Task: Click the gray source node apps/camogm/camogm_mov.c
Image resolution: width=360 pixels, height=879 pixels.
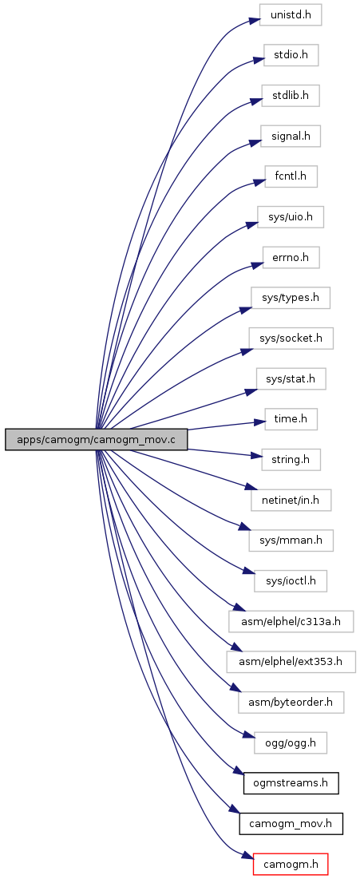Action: [x=96, y=440]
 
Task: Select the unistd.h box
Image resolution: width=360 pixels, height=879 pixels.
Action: [x=290, y=14]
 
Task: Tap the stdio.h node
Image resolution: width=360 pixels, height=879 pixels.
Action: [x=291, y=55]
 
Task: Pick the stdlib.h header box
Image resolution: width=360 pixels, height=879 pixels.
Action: [x=291, y=95]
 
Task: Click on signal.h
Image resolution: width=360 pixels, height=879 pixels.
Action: [x=291, y=136]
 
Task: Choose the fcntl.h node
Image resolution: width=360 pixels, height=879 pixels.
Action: [x=291, y=176]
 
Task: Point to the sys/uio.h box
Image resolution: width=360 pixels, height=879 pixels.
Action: [x=291, y=216]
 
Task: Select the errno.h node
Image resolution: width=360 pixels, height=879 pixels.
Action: [x=291, y=257]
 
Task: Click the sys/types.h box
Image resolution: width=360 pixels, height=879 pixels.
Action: [x=291, y=297]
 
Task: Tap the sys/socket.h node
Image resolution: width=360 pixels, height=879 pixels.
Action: [x=291, y=339]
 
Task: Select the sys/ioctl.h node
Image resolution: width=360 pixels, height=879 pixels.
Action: [x=291, y=580]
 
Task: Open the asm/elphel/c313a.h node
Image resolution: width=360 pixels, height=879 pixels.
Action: [x=291, y=621]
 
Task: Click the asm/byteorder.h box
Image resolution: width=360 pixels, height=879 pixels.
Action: [x=291, y=702]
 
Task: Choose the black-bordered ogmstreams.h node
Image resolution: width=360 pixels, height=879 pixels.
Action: [x=291, y=782]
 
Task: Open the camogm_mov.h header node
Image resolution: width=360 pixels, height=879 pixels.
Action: [x=291, y=823]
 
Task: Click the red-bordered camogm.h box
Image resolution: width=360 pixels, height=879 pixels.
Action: [x=291, y=863]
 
